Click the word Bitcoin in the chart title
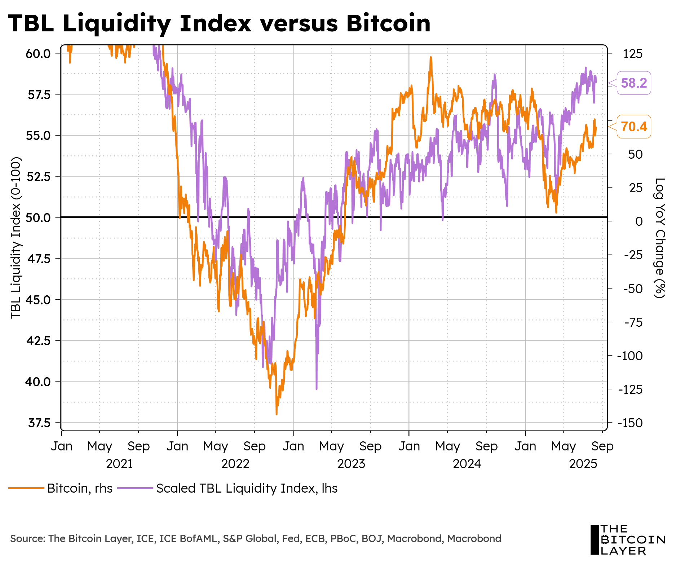click(x=388, y=23)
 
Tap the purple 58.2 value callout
click(x=634, y=83)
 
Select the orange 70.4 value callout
click(x=634, y=127)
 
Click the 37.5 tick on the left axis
click(x=39, y=423)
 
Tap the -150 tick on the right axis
click(x=630, y=423)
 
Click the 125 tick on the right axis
click(x=633, y=54)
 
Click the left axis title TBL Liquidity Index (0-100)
click(x=16, y=238)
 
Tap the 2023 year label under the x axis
click(x=351, y=464)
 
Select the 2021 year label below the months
click(x=119, y=464)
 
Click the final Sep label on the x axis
click(x=602, y=446)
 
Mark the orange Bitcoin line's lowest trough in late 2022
click(x=277, y=414)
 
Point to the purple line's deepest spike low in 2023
click(x=317, y=389)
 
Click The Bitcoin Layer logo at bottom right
click(x=627, y=540)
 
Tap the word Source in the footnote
click(x=27, y=539)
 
